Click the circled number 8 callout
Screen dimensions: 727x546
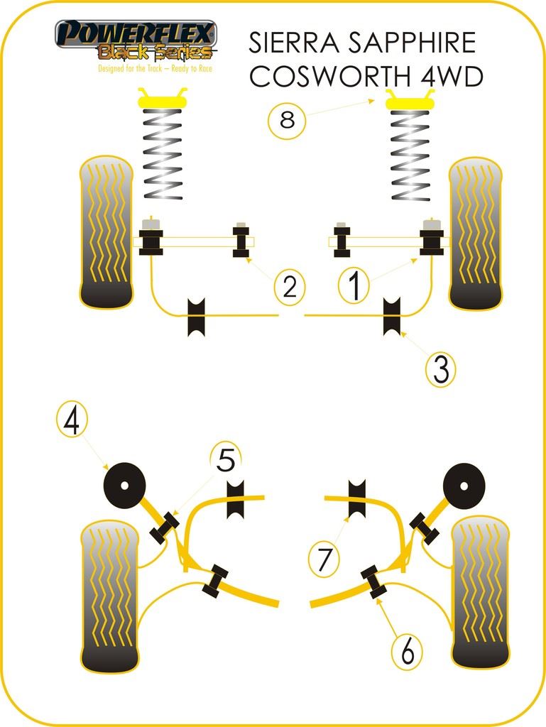pos(287,120)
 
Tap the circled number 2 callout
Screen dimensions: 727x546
pos(289,287)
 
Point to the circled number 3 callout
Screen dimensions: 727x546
pos(441,369)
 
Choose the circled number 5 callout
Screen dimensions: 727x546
pos(225,461)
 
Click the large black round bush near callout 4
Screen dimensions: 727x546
pos(124,486)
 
